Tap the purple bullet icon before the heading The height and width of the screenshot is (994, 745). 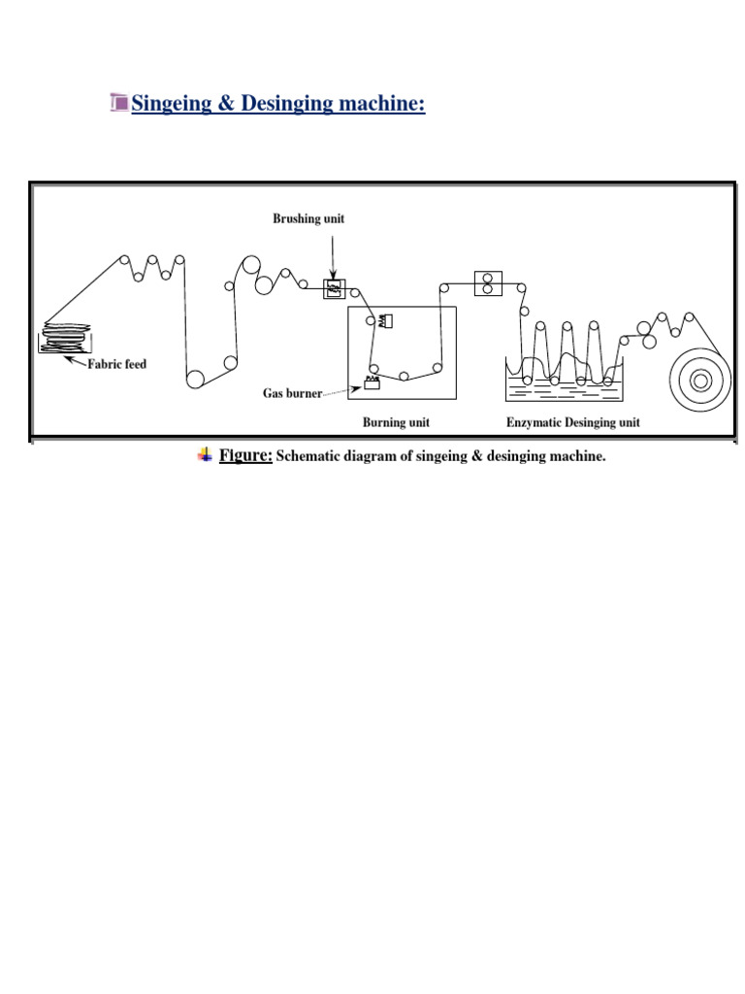click(x=119, y=102)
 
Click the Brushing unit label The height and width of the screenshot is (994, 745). click(x=308, y=219)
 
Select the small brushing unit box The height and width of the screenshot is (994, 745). click(x=334, y=288)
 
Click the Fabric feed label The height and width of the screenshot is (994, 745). click(x=116, y=366)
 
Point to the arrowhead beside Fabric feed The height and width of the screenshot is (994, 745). click(x=70, y=359)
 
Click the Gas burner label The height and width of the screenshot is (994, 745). click(x=292, y=394)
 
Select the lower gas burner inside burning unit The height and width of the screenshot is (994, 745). click(x=372, y=384)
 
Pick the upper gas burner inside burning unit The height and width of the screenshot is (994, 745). click(x=385, y=320)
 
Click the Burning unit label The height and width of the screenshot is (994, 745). click(x=396, y=423)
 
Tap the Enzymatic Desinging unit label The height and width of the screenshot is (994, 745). click(x=572, y=423)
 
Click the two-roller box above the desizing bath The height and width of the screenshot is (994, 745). click(x=487, y=282)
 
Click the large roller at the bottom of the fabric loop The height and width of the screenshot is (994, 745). click(x=196, y=379)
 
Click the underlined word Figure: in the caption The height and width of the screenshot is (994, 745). click(x=245, y=456)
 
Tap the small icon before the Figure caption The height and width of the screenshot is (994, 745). click(x=205, y=454)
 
